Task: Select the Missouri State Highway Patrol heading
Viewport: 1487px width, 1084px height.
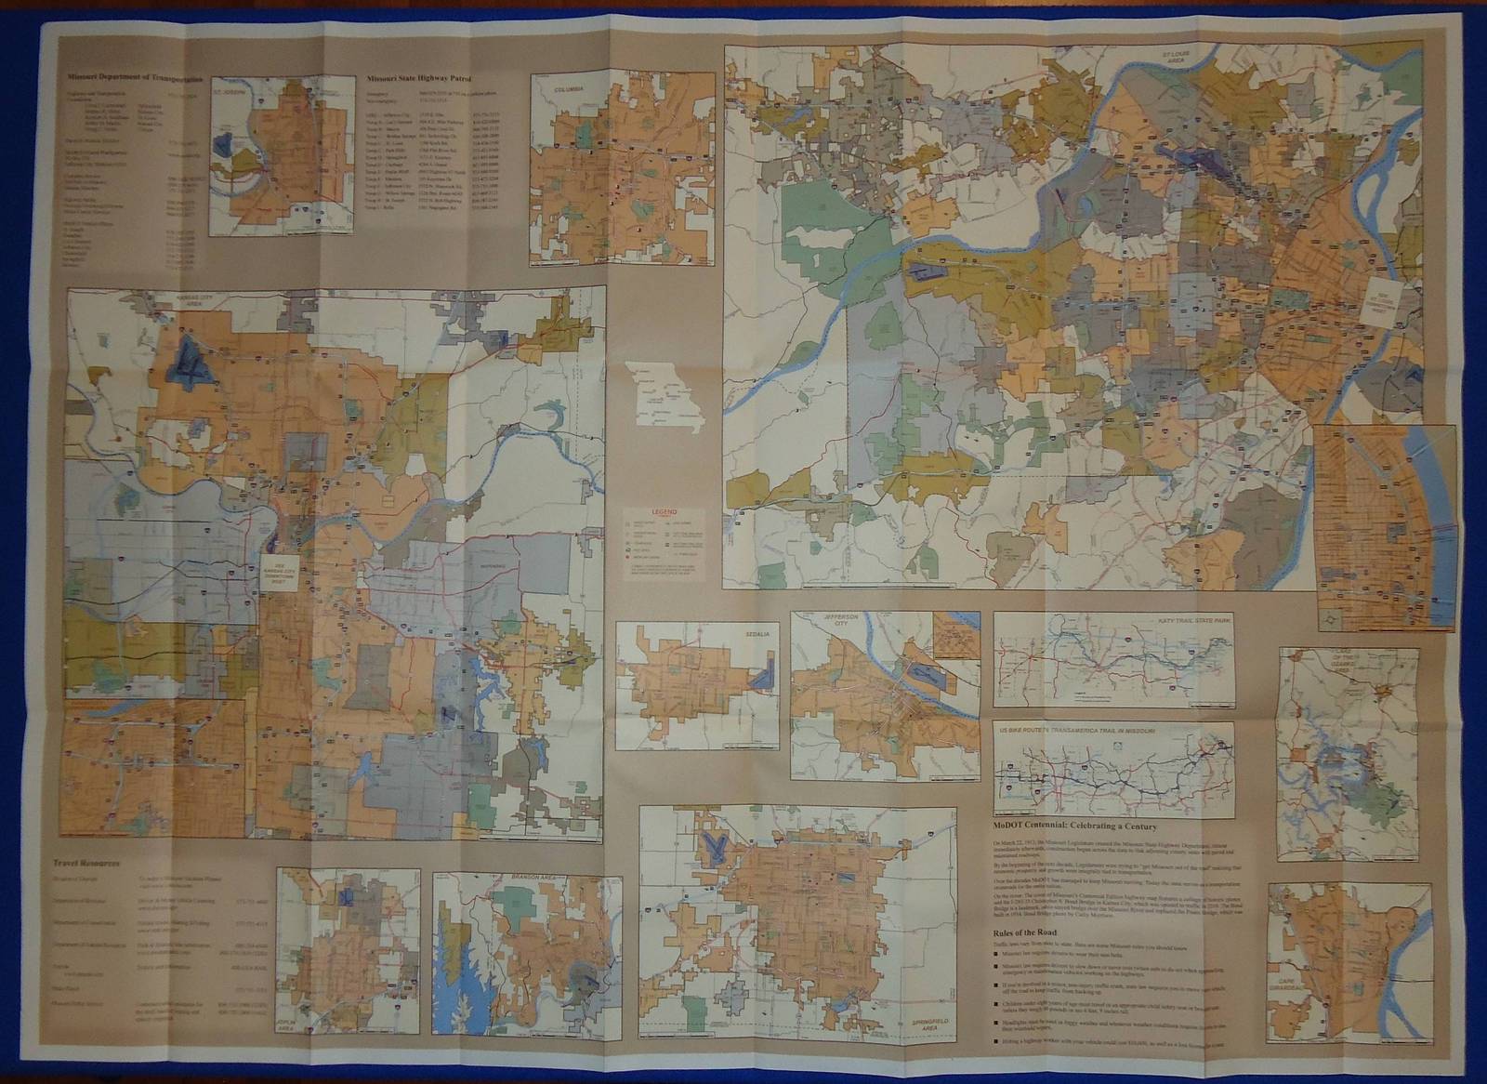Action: (419, 80)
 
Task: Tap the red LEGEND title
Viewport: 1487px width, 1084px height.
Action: (665, 512)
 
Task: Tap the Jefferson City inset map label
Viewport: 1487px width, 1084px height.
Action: (823, 621)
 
